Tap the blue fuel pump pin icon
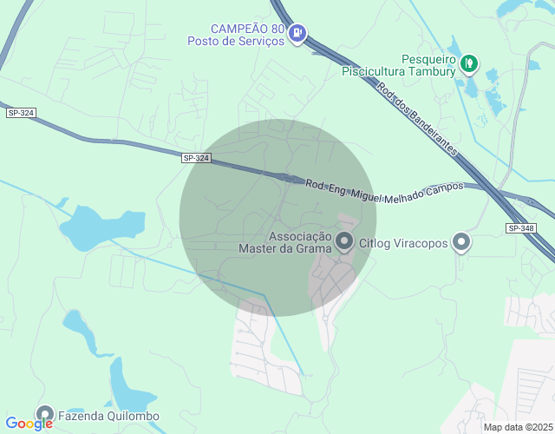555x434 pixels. (298, 34)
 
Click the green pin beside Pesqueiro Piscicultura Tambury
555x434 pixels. (469, 62)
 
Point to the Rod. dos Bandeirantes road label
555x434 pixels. (416, 118)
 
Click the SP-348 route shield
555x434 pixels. (521, 227)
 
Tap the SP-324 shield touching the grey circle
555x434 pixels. (197, 158)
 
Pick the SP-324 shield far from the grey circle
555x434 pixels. (21, 113)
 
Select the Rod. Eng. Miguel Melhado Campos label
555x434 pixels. (384, 187)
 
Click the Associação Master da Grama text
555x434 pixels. (285, 242)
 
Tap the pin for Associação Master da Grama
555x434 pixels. (345, 241)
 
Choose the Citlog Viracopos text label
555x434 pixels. (403, 243)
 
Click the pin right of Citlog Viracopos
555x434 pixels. (462, 242)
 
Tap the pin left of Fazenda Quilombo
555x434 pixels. (43, 414)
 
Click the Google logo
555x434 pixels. (30, 424)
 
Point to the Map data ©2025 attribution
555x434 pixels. (518, 427)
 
